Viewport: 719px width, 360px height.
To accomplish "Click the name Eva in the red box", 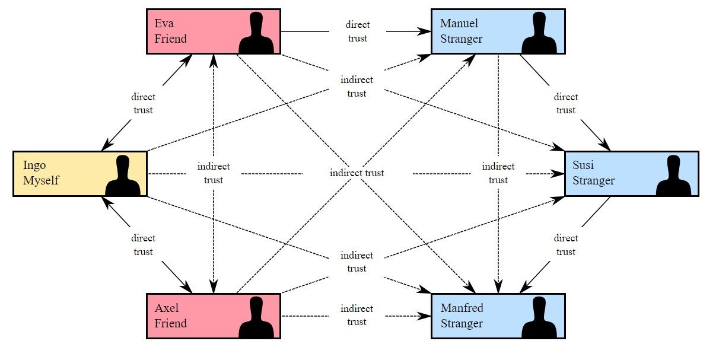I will click(x=164, y=24).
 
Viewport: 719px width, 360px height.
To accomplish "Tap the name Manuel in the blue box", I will click(x=459, y=24).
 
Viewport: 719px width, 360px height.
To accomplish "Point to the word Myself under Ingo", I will click(x=41, y=180).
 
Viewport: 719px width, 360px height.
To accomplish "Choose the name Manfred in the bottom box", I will click(x=462, y=308).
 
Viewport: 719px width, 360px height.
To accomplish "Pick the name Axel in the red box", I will click(x=166, y=308).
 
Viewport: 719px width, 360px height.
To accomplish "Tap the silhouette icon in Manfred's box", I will click(x=540, y=318).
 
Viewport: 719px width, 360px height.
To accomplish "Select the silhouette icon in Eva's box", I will click(x=256, y=34).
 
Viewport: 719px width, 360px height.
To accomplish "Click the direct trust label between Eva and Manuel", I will click(x=357, y=31).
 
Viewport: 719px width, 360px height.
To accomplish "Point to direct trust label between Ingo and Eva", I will click(x=143, y=103).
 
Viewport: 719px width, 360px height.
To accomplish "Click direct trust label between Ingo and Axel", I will click(x=143, y=245).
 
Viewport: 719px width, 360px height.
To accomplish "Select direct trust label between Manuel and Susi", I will click(x=565, y=103).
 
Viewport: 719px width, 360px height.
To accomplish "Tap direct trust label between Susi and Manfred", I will click(x=565, y=245).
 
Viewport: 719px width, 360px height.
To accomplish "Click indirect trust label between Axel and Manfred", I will click(x=357, y=315).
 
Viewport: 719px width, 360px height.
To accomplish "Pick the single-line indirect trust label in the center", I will click(x=357, y=173).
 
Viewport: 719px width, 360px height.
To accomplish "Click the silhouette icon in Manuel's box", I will click(x=540, y=34).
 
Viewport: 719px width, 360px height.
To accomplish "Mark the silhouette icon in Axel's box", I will click(x=256, y=318).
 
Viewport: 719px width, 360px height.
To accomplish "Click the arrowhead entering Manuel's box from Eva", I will click(x=425, y=31).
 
